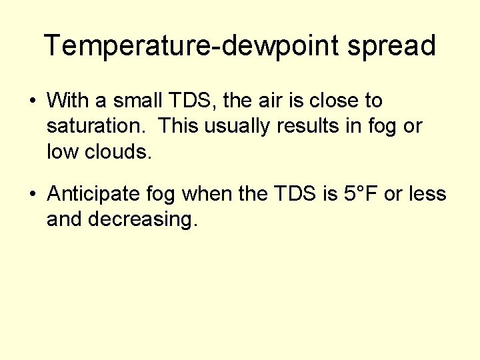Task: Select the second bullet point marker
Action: (x=32, y=195)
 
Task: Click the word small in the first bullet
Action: (x=137, y=101)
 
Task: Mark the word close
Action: (x=331, y=101)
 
